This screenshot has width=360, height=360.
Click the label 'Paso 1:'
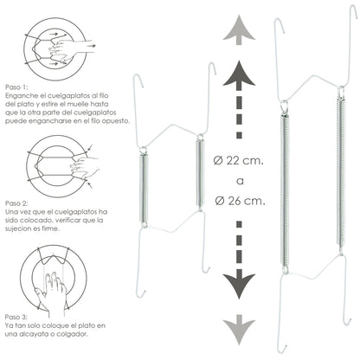[16, 87]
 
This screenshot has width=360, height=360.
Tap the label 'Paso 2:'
[16, 203]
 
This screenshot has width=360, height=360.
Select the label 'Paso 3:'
[16, 317]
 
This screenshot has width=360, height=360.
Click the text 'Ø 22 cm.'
[239, 160]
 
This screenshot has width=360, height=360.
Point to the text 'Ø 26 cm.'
[240, 201]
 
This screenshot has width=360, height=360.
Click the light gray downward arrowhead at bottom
[239, 330]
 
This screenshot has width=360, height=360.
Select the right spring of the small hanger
[199, 173]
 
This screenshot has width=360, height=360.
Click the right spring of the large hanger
[341, 171]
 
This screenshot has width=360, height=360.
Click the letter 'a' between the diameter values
[240, 181]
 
